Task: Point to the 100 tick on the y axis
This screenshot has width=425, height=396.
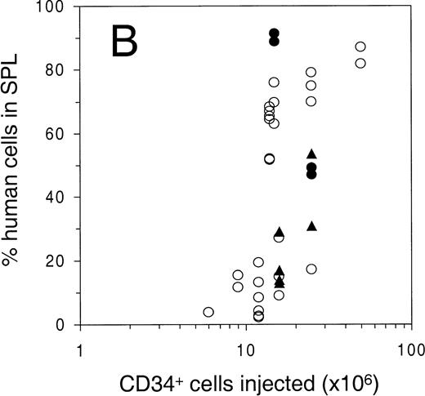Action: pyautogui.click(x=54, y=7)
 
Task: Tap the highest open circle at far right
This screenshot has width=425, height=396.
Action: pyautogui.click(x=360, y=47)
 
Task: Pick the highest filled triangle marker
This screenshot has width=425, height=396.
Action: pyautogui.click(x=311, y=154)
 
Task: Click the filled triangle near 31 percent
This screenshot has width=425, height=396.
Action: pyautogui.click(x=311, y=225)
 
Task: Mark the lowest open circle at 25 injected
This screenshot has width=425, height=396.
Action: pyautogui.click(x=311, y=269)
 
